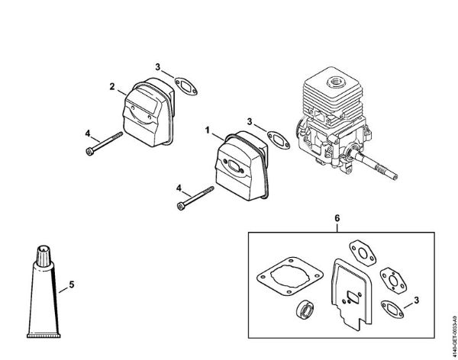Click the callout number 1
click(206, 130)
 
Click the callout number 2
click(112, 88)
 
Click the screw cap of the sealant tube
click(41, 252)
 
